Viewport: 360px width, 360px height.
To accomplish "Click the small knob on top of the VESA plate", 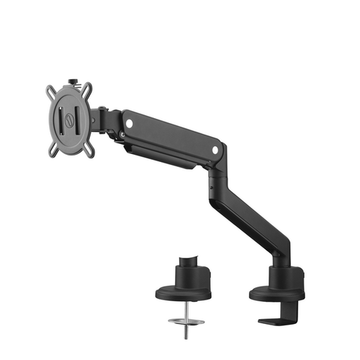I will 74,81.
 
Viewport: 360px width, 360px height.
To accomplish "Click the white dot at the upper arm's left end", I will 129,124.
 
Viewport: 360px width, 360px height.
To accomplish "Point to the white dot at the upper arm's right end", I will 215,149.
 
